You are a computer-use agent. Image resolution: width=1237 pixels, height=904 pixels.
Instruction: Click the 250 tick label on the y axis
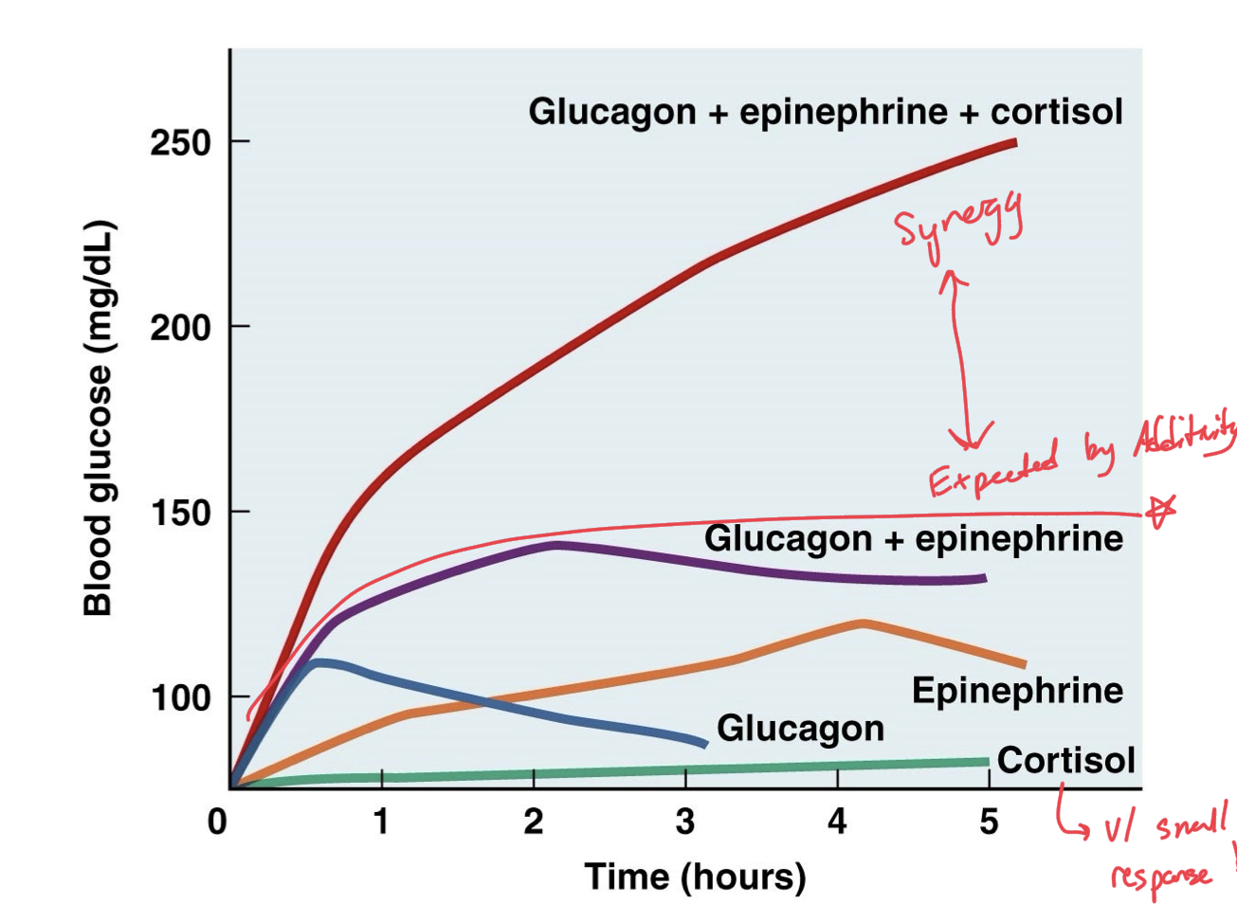[180, 143]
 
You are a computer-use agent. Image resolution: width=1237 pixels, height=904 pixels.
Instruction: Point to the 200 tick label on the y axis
[180, 328]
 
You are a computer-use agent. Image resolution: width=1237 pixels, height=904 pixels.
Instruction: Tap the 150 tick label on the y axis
[180, 513]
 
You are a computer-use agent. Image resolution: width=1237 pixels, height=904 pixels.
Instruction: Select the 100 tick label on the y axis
[180, 698]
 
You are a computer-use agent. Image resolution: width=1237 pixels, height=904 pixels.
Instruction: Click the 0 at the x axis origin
[217, 822]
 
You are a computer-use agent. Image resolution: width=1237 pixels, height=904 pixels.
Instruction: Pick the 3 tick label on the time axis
[685, 822]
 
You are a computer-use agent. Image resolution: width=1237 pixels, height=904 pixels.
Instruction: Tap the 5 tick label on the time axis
[989, 822]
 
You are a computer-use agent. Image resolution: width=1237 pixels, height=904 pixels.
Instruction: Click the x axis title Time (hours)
[695, 877]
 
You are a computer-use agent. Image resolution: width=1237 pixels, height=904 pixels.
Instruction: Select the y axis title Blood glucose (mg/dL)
[99, 418]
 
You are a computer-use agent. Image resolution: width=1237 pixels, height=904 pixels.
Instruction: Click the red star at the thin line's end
[1159, 512]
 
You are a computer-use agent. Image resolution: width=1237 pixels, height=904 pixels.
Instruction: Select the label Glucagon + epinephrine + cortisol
[825, 112]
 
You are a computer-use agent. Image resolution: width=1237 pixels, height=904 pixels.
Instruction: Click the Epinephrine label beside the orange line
[1016, 691]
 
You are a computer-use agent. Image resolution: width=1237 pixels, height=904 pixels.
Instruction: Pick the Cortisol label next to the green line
[1065, 760]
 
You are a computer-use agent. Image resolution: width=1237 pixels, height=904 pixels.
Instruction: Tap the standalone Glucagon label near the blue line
[800, 728]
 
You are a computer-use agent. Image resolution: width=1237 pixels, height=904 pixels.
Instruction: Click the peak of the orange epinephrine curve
[863, 623]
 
